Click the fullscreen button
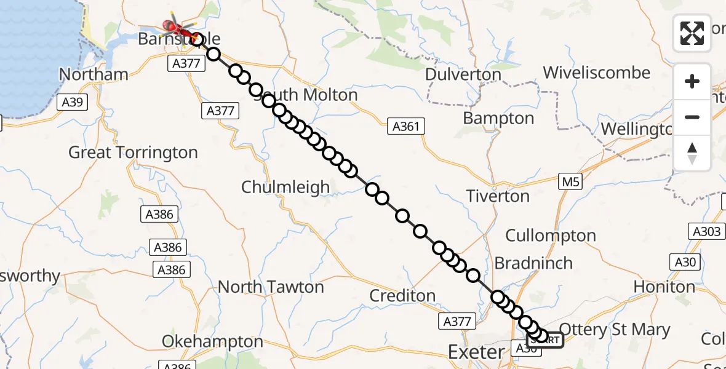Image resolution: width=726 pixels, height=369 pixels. coord(692,33)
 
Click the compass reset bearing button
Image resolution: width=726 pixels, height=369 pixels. coord(692,153)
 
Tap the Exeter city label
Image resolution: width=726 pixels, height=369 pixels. coord(476,352)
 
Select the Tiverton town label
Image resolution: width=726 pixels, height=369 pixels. coord(498,196)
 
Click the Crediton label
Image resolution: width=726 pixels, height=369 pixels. coord(402,296)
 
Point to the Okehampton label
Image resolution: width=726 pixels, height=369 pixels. coord(212,341)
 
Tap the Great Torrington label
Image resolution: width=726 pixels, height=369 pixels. coord(133,153)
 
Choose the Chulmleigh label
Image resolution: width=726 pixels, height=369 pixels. coord(285,187)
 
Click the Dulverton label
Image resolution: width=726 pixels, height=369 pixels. coord(463,75)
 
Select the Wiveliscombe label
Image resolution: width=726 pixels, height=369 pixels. coord(596,73)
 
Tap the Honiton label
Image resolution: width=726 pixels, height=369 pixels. coord(664,287)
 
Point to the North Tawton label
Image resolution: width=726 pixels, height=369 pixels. coord(271,287)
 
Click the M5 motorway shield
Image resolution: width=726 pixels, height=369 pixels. coord(570,181)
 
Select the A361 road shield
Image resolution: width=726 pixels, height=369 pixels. coord(406,127)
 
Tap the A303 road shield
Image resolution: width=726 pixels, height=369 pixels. coord(704,231)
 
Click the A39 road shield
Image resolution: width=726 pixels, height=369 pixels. coord(73,102)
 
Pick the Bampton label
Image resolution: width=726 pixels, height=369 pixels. coord(498,118)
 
